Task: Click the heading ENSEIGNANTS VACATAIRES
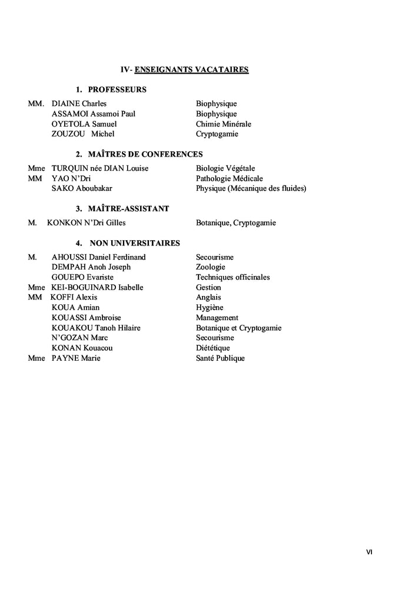click(191, 69)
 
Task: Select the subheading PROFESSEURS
click(117, 90)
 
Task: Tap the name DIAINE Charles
click(79, 104)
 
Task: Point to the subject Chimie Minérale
click(223, 124)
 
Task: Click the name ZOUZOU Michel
click(83, 134)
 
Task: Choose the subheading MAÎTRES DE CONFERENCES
click(145, 154)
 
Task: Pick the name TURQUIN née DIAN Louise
click(99, 168)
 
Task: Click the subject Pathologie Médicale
click(229, 178)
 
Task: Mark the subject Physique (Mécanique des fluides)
click(251, 188)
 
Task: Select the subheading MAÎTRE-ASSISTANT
click(128, 209)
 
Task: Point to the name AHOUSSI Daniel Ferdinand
click(98, 257)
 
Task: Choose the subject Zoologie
click(210, 267)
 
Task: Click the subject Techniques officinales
click(232, 277)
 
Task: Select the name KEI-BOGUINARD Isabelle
click(97, 287)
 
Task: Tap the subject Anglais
click(208, 297)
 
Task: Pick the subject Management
click(217, 318)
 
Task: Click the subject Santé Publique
click(220, 358)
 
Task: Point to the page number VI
click(369, 551)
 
